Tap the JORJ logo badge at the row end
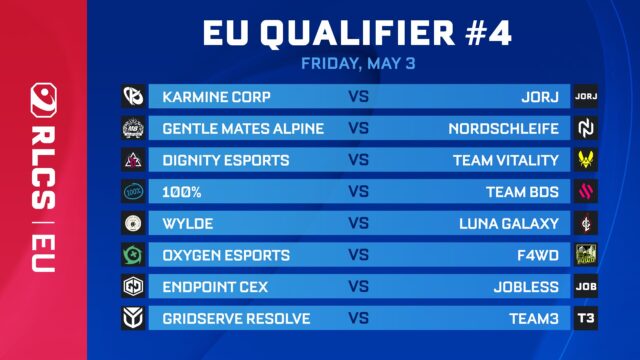(586, 97)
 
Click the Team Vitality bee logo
(586, 160)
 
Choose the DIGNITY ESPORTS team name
(226, 160)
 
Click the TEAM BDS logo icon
(586, 191)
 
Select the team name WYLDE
(187, 223)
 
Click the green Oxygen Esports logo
(134, 255)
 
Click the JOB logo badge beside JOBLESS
(586, 287)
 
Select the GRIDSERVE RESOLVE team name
(236, 319)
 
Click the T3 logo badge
(586, 319)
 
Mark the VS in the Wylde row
(360, 223)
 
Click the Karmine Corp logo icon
(134, 97)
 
